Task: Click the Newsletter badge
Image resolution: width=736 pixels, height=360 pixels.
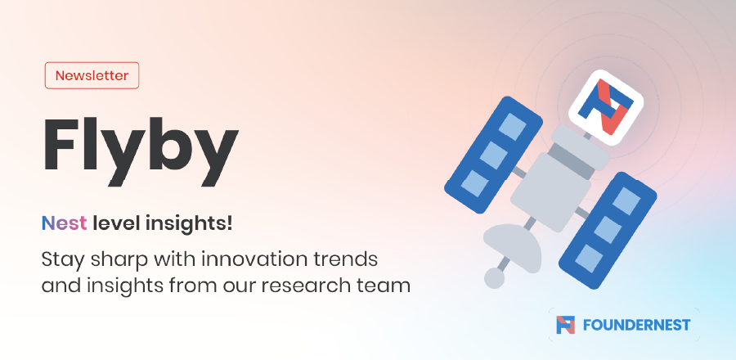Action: (x=92, y=75)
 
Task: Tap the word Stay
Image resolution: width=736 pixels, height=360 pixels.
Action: (x=62, y=260)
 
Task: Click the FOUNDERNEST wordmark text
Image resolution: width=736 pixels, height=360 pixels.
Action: (x=636, y=325)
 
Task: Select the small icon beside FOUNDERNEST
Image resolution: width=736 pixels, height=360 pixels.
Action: (x=566, y=325)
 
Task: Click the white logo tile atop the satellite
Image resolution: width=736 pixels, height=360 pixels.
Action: (x=605, y=107)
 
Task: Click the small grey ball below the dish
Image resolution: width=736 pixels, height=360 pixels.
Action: (x=494, y=278)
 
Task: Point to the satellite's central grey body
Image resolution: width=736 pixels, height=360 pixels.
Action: (x=550, y=192)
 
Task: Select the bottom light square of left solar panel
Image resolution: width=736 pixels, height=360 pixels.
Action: (x=474, y=183)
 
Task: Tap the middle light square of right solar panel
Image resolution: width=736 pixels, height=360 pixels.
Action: (x=608, y=230)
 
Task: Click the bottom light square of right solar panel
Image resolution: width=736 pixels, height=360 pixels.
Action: (x=589, y=259)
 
